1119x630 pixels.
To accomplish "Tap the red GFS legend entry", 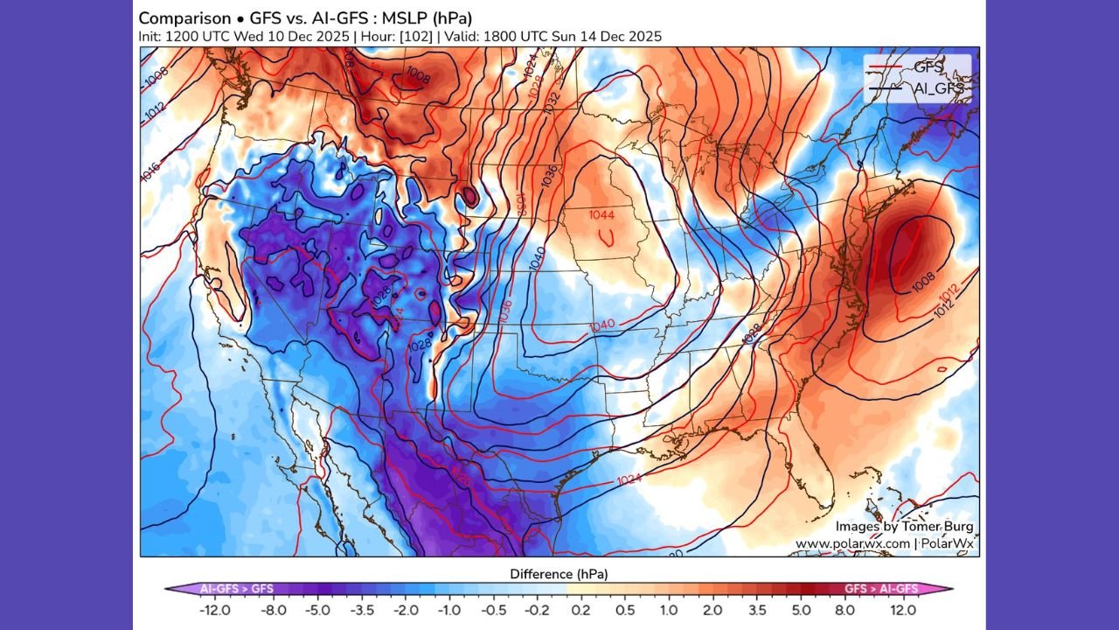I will (917, 66).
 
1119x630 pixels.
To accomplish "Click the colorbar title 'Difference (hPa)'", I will (559, 574).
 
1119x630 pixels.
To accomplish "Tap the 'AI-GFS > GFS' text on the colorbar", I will (239, 589).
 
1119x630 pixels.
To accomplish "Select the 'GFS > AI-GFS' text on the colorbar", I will (881, 589).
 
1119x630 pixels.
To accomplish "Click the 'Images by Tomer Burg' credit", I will (903, 527).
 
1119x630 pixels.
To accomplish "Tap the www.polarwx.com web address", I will (851, 543).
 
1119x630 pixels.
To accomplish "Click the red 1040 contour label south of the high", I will (603, 325).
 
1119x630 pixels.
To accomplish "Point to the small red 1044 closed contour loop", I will (608, 235).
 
